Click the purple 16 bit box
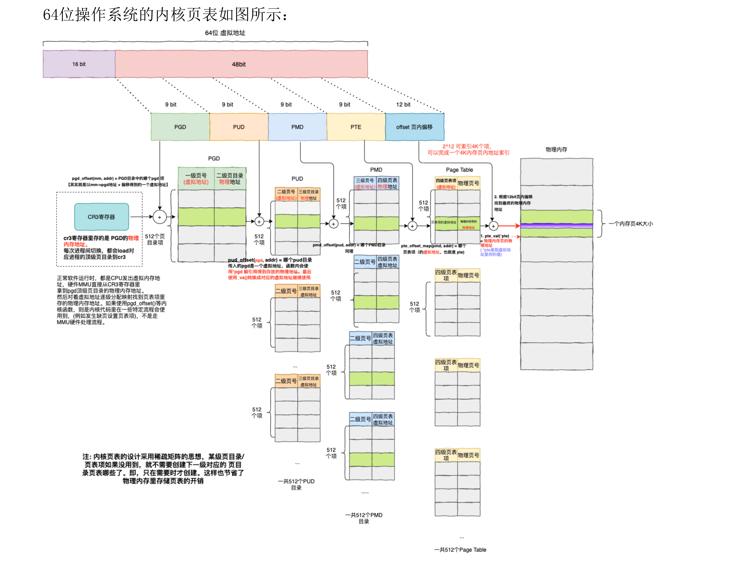[79, 64]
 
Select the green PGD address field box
[180, 127]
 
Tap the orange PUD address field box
[239, 127]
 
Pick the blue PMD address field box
[297, 127]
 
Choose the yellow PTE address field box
[356, 127]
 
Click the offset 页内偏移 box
[415, 127]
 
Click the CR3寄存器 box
[102, 217]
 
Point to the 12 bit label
[403, 105]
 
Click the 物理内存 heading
[556, 149]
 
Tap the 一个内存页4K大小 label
[631, 224]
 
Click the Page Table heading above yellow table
[459, 170]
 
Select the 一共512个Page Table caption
[460, 550]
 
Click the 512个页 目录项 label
[155, 239]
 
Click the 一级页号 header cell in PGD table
[196, 178]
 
